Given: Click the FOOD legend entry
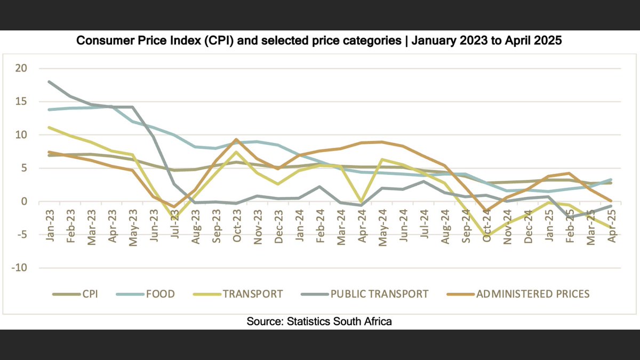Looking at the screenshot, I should (x=160, y=294).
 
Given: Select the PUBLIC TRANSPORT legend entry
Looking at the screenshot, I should (x=379, y=294).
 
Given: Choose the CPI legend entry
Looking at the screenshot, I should (x=88, y=294).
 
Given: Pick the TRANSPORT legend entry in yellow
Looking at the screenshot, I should (x=253, y=294).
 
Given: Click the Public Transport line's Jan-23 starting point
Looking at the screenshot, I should (x=50, y=82).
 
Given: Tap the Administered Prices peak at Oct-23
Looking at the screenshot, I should (x=235, y=139).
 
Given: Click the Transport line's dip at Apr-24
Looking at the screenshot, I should (x=362, y=202).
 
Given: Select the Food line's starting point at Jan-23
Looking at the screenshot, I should (x=50, y=109).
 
